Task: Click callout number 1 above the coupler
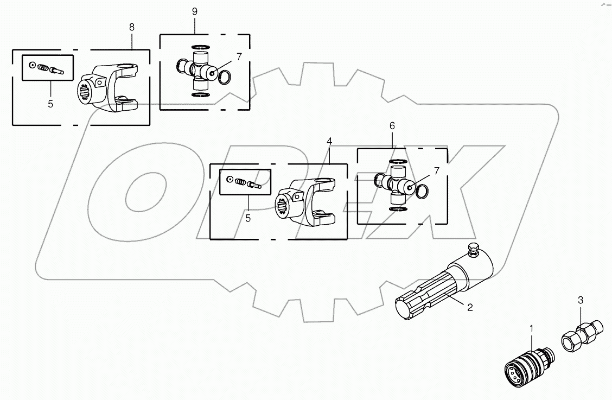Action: click(532, 328)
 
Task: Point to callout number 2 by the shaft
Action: click(470, 307)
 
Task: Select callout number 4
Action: click(329, 141)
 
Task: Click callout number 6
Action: click(393, 125)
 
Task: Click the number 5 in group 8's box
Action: click(50, 104)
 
